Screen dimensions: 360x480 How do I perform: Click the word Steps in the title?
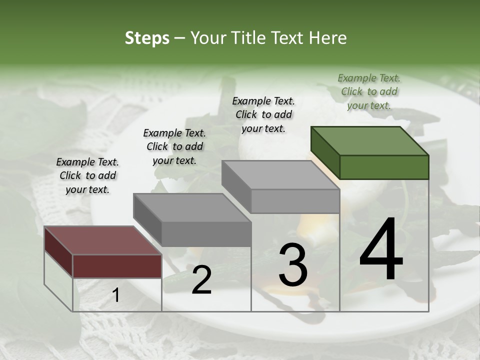[147, 38]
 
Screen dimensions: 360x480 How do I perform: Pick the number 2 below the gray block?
[201, 280]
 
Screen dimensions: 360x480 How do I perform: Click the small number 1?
[116, 295]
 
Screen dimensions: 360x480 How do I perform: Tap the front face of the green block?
[384, 167]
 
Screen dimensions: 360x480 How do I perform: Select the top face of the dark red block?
[102, 240]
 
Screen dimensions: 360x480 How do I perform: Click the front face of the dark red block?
[117, 266]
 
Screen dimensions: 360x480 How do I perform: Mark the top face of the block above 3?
[280, 175]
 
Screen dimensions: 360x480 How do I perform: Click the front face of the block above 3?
[295, 201]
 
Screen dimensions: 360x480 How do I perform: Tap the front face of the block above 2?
[206, 234]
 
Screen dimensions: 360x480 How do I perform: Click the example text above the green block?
[369, 91]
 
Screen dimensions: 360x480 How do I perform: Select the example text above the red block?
[87, 175]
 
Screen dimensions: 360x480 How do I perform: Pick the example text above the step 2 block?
[174, 146]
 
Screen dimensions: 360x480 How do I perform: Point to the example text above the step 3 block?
[263, 114]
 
